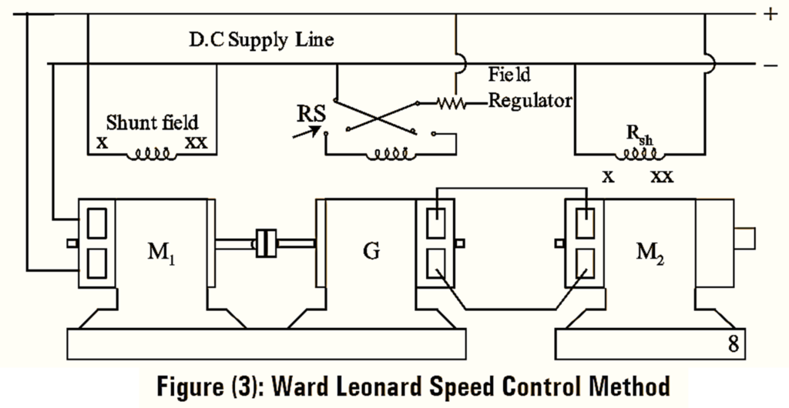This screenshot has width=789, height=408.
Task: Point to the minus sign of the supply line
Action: point(770,65)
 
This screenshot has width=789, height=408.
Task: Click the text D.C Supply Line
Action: point(261,39)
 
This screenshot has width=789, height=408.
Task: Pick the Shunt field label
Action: point(152,122)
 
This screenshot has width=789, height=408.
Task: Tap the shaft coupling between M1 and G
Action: point(265,244)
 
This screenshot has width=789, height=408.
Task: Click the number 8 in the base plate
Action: point(734,344)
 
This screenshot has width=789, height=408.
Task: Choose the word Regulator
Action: point(531,101)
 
